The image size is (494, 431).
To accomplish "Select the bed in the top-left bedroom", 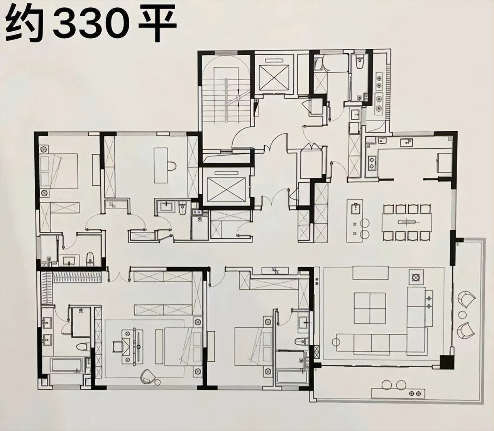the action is point(58,171).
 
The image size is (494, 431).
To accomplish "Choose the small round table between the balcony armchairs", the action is point(462,315).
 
